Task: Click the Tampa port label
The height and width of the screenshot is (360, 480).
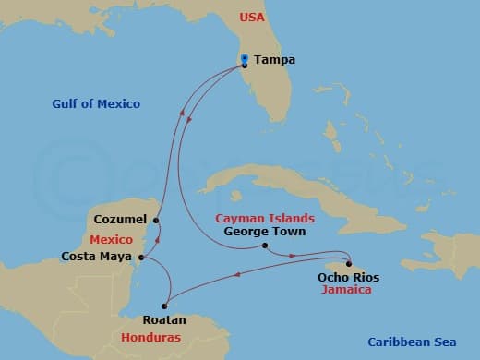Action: (274, 60)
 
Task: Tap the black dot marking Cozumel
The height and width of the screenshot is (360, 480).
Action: (156, 220)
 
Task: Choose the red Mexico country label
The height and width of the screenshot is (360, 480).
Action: (113, 239)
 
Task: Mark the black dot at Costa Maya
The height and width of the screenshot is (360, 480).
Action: (140, 258)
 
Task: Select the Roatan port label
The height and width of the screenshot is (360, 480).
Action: (165, 320)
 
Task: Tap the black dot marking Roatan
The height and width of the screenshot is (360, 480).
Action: (163, 306)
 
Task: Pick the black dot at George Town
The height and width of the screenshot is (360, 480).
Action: (264, 246)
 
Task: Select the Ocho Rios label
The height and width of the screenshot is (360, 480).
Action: (348, 276)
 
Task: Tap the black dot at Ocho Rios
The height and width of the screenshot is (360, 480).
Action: (349, 263)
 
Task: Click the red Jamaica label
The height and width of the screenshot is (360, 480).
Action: (347, 289)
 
